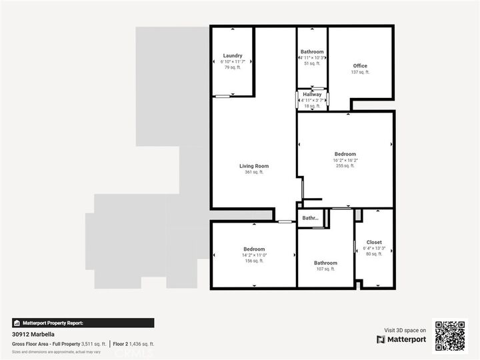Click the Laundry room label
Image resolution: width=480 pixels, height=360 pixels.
click(233, 55)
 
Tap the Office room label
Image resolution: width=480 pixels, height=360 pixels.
click(360, 65)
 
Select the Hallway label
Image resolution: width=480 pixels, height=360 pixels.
click(312, 95)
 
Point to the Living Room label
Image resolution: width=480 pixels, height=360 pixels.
click(253, 166)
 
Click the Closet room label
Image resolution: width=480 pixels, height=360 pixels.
click(374, 242)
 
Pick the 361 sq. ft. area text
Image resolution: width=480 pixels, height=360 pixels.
click(253, 172)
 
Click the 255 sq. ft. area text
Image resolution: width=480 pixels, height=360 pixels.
click(345, 166)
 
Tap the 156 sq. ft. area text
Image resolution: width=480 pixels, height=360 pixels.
click(253, 261)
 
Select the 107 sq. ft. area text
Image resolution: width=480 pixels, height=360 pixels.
click(325, 269)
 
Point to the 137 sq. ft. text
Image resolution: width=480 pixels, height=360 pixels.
click(360, 72)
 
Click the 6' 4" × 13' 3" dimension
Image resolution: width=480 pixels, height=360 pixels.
click(374, 248)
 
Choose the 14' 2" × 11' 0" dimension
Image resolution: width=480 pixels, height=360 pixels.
click(254, 255)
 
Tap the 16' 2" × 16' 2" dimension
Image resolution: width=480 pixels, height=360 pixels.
click(345, 160)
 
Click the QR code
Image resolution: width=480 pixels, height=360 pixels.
click(451, 335)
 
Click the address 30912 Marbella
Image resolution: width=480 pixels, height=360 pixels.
click(33, 335)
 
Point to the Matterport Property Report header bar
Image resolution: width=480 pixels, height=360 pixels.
click(83, 323)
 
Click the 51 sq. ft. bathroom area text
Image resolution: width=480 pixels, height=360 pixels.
click(312, 64)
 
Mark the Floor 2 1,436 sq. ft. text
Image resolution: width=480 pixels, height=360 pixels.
click(133, 344)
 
